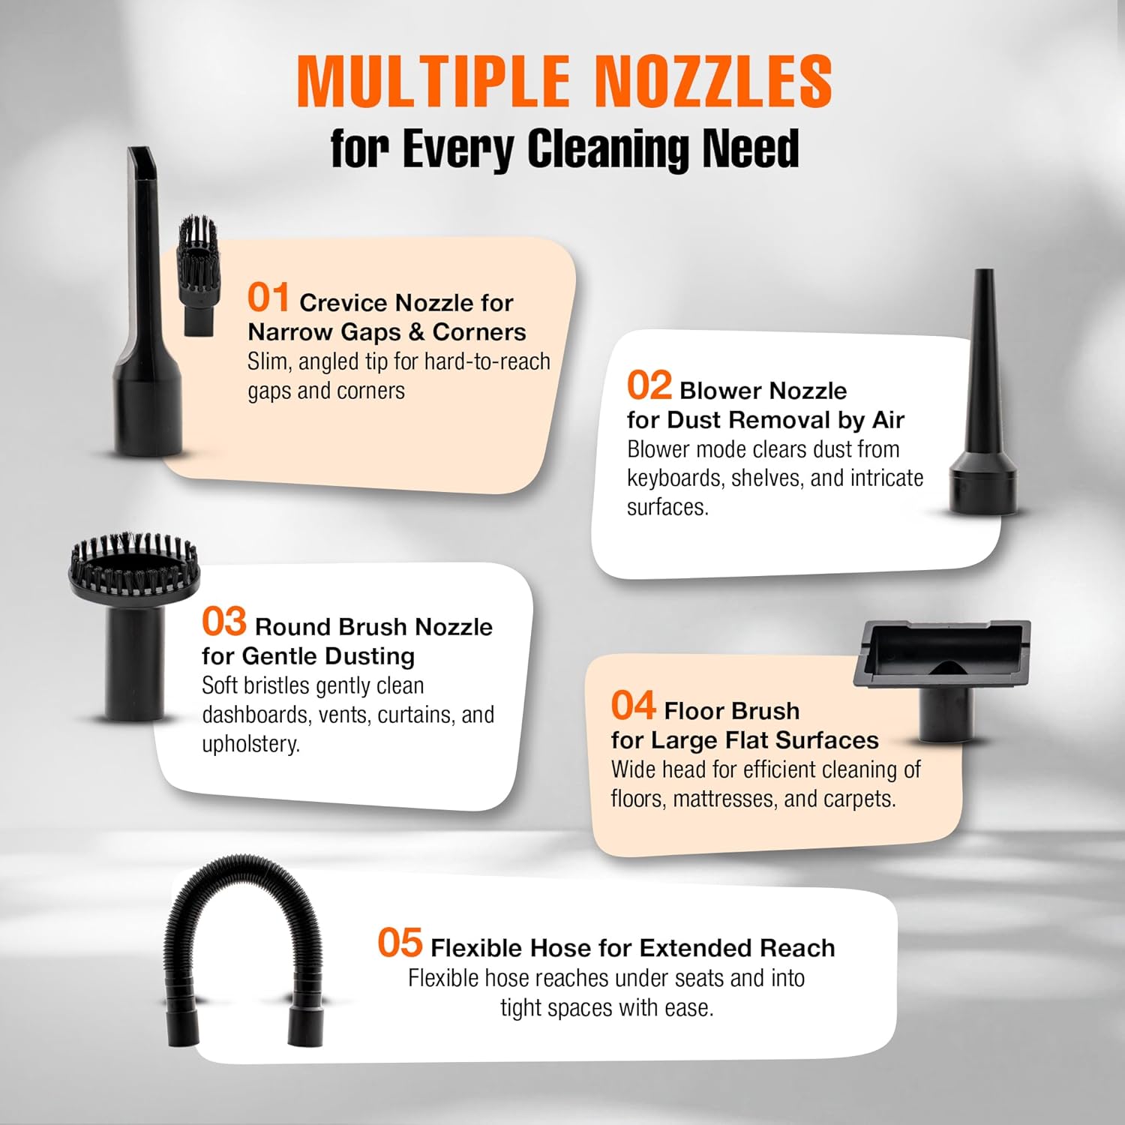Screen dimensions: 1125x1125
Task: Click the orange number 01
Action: [268, 297]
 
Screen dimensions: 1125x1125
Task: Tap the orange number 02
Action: [649, 385]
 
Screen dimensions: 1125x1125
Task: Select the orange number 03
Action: [224, 622]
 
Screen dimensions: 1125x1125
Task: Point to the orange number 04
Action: [634, 706]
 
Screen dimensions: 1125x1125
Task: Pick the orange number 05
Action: [400, 943]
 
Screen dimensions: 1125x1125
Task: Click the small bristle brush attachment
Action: [198, 275]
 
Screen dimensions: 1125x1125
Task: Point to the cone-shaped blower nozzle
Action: [982, 405]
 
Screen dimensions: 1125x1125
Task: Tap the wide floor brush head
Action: [942, 653]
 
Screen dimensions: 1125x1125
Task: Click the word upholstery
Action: [250, 745]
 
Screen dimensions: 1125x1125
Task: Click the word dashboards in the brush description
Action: [256, 715]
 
